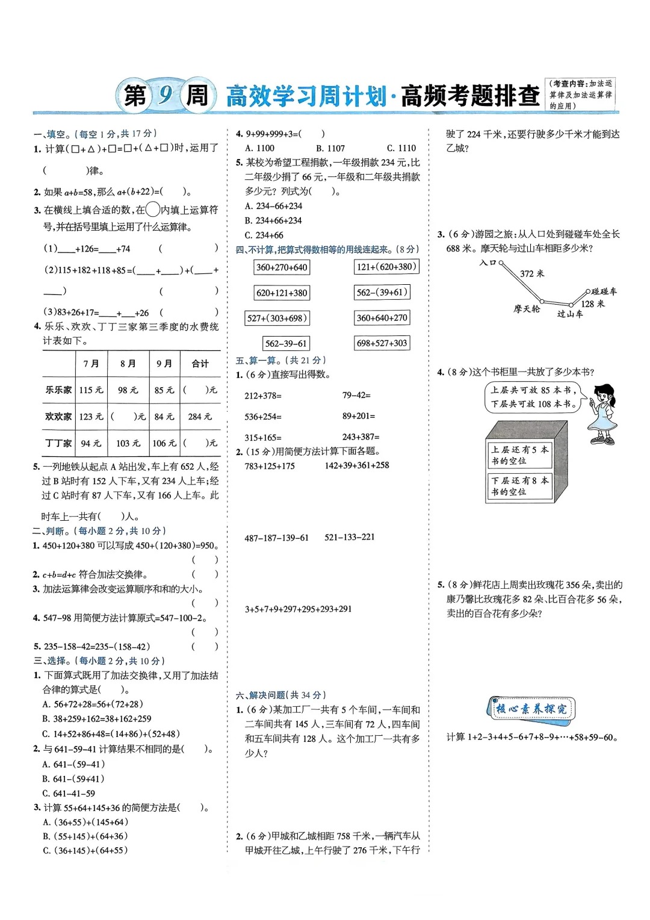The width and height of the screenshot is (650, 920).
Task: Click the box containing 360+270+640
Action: [281, 267]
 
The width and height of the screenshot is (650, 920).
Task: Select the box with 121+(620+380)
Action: [386, 267]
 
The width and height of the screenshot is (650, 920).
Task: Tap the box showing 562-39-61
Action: [286, 343]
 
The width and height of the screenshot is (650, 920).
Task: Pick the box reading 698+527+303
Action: [382, 343]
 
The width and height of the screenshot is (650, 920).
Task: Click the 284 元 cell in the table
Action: [200, 416]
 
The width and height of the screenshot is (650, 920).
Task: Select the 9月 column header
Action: [164, 364]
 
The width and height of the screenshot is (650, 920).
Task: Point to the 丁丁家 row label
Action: [58, 443]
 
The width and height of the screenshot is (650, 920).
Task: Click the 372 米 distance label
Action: [531, 273]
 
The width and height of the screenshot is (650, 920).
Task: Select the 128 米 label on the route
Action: [592, 304]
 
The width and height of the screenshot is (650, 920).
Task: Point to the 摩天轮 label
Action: [527, 309]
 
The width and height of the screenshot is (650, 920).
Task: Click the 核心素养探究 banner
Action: [530, 709]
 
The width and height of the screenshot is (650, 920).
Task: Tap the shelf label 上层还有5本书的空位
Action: [519, 455]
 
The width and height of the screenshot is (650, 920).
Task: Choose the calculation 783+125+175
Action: [270, 466]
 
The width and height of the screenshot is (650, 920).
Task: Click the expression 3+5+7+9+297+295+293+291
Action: [298, 609]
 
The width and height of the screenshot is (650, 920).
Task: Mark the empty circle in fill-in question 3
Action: [153, 210]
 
